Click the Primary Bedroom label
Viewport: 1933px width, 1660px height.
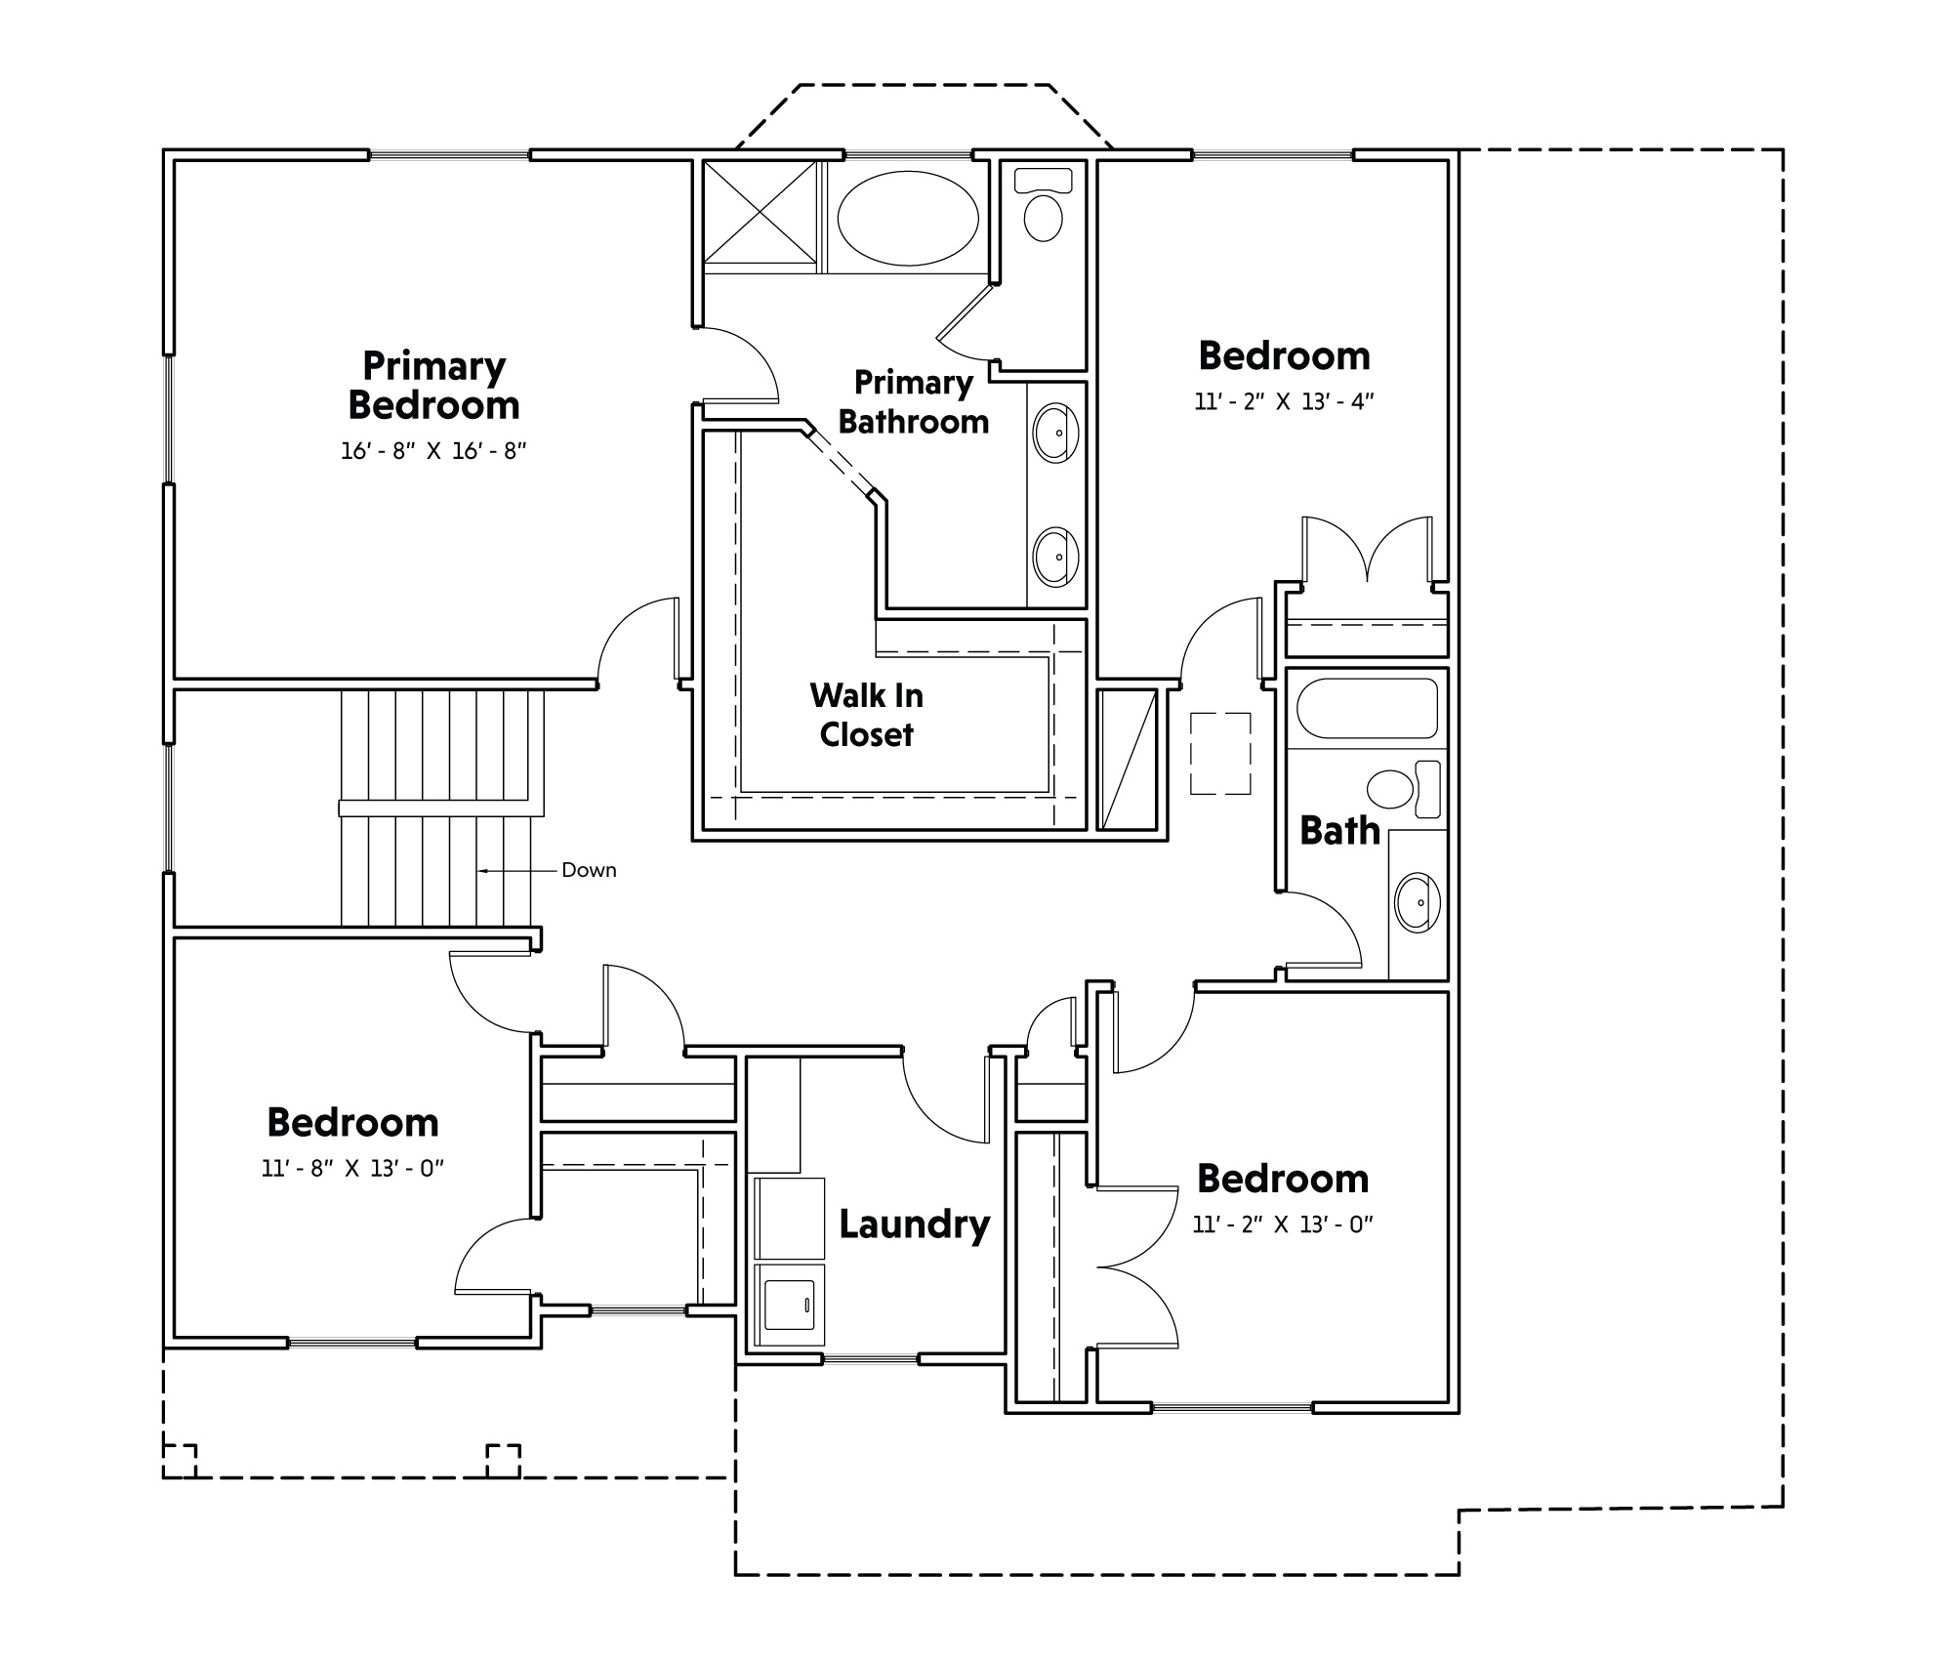tap(433, 386)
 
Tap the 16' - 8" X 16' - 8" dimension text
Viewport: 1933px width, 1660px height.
tap(433, 451)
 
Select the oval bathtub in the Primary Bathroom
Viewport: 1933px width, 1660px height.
tap(908, 218)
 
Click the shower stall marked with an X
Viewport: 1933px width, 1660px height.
tap(760, 213)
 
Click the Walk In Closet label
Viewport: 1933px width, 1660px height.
tap(866, 715)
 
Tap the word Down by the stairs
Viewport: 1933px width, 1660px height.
tap(589, 870)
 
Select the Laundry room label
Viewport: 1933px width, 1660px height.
tap(915, 1224)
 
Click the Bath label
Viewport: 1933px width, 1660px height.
tap(1339, 831)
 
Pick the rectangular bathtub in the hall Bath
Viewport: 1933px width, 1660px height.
tap(1367, 708)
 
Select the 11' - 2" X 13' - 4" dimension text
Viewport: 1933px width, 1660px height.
tap(1284, 401)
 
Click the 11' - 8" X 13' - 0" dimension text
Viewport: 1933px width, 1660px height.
tap(352, 1169)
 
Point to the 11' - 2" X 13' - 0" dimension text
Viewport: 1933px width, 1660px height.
tap(1283, 1224)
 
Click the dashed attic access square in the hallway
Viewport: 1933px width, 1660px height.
tap(1220, 753)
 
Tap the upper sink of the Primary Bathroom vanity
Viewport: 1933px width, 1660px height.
tap(1055, 434)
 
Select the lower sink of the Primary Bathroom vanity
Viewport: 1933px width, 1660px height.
tap(1055, 557)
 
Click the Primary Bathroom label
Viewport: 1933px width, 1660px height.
tap(914, 402)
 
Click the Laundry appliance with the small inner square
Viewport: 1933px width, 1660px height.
tap(789, 1305)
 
